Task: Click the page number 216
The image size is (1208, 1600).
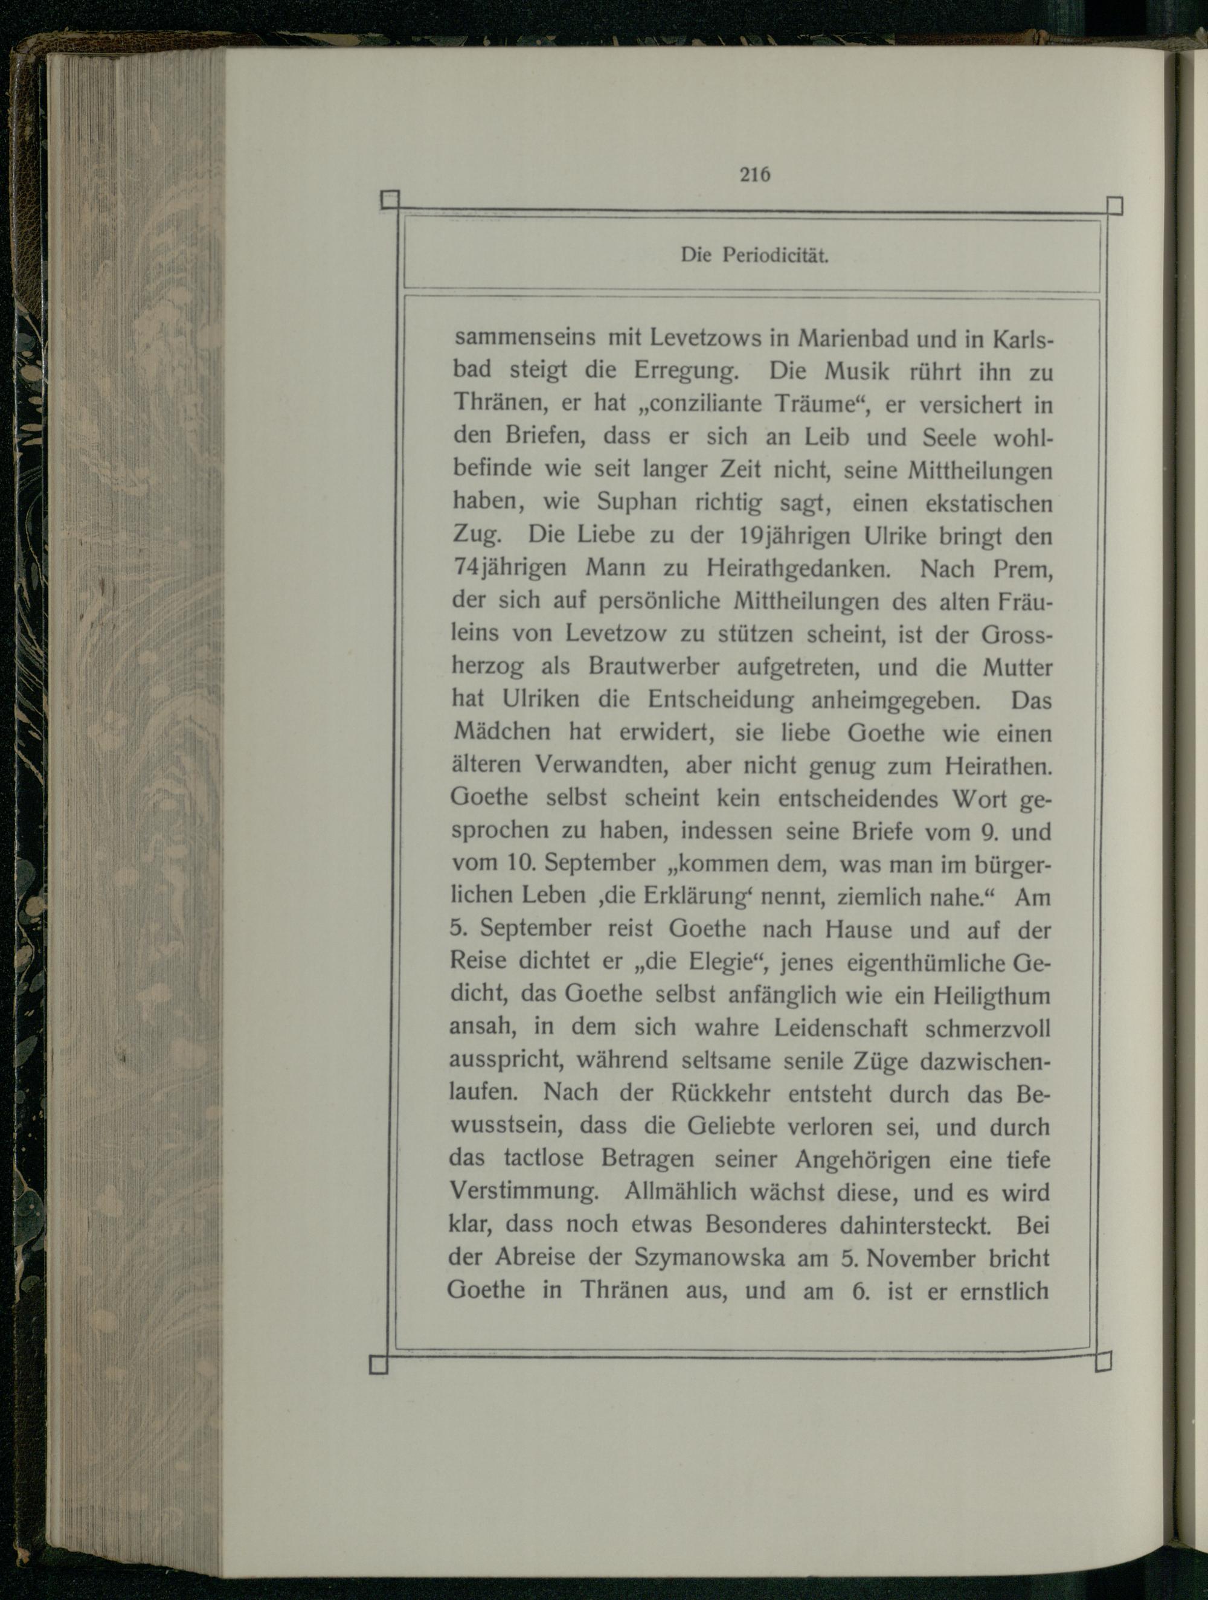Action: [754, 175]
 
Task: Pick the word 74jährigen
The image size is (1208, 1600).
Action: [509, 568]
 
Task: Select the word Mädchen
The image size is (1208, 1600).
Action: [501, 731]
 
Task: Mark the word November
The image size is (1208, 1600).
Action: [919, 1259]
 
